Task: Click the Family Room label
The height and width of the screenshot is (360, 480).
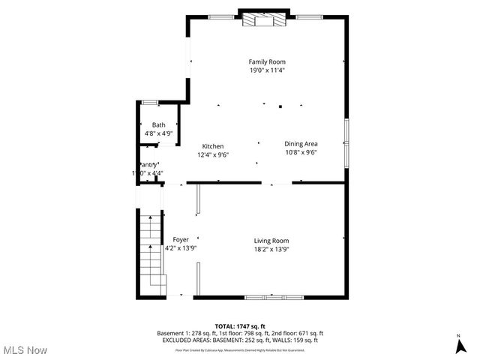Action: [267, 61]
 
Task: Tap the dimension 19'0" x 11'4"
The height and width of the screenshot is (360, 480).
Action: [267, 70]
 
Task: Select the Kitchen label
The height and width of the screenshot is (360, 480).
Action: [213, 146]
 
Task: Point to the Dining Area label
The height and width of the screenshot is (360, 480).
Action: [301, 143]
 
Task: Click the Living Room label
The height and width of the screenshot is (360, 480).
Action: [271, 240]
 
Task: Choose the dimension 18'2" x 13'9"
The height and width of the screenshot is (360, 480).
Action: [271, 249]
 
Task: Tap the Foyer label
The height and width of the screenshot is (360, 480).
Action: [181, 239]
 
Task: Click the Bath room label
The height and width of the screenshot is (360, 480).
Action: [159, 124]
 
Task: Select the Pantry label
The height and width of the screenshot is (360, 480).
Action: [148, 165]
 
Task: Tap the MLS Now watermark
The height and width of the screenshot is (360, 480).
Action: [25, 349]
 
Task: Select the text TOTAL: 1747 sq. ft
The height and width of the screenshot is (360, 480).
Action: [240, 325]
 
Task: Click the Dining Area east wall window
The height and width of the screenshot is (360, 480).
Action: [346, 142]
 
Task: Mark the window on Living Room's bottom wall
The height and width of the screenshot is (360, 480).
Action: [274, 298]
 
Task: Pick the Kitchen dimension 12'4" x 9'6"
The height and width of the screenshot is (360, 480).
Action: [213, 154]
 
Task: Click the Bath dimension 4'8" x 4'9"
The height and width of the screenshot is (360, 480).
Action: [159, 133]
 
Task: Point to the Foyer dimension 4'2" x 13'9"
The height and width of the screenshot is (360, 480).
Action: [181, 248]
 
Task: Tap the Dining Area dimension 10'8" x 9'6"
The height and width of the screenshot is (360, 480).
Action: [301, 152]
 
